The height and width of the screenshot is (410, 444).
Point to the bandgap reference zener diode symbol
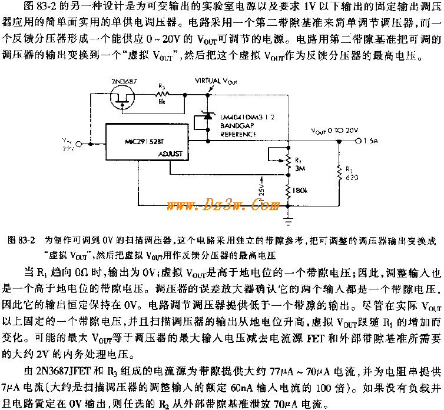pos(208,119)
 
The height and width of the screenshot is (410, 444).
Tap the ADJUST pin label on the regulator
pos(171,154)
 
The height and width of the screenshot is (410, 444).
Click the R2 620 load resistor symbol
pos(340,172)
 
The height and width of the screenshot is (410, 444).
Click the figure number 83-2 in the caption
pos(26,240)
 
